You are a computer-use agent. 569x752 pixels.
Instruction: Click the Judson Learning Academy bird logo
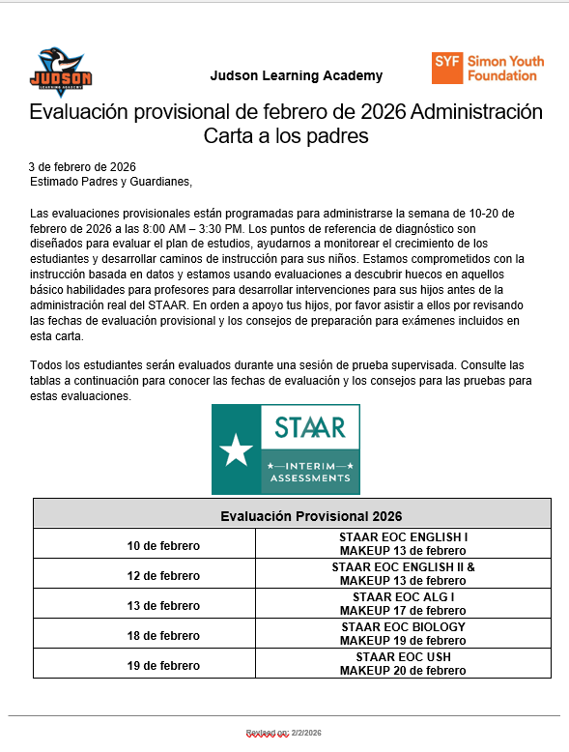coord(60,72)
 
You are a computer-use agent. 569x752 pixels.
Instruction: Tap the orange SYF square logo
coord(446,68)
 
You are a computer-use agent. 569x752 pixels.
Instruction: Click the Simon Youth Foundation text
coord(504,68)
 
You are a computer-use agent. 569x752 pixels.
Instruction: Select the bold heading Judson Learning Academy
coord(296,75)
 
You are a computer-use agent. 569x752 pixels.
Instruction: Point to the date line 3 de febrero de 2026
coord(82,166)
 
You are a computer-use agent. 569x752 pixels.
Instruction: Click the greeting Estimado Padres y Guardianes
coord(111,181)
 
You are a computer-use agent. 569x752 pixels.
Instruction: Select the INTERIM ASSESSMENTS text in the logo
coord(310,472)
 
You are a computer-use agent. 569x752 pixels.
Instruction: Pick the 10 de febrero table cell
coord(164,546)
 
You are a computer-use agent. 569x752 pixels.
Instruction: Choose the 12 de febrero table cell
coord(164,576)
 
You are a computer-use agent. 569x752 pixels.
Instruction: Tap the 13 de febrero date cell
coord(164,606)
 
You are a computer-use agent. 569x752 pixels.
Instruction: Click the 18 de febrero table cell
coord(164,636)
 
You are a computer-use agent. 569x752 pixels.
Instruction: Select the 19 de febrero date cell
coord(164,666)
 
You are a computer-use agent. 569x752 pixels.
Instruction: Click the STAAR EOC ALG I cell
coord(403,597)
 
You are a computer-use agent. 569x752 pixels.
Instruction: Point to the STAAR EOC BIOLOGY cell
coord(403,627)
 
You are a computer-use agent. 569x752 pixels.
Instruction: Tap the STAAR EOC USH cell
coord(403,657)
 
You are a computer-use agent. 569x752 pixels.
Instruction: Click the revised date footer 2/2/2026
coord(284,734)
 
